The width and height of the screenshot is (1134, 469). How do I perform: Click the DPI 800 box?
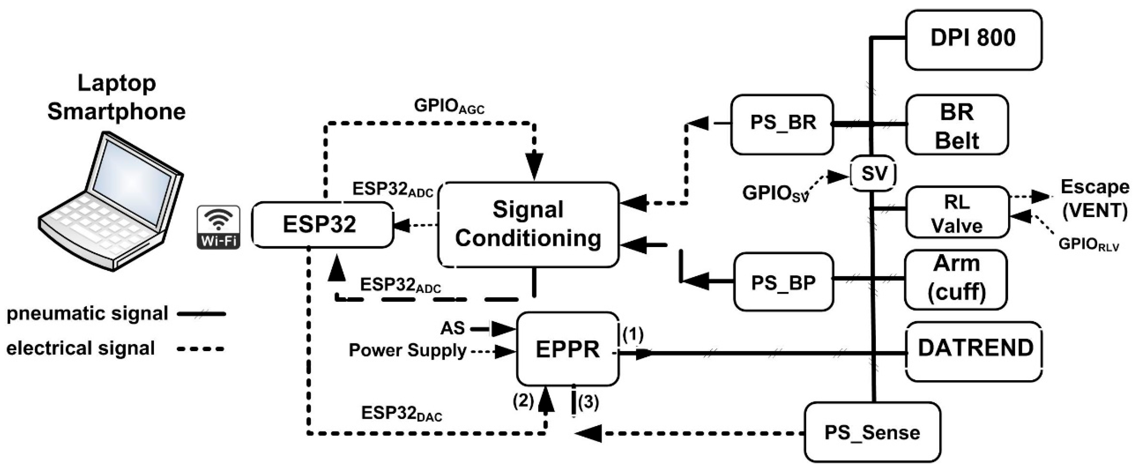(974, 40)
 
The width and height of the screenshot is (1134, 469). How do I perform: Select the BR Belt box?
(957, 124)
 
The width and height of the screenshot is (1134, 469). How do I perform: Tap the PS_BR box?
(782, 124)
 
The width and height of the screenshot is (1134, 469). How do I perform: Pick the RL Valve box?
(957, 213)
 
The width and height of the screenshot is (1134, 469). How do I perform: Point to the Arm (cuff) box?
(956, 280)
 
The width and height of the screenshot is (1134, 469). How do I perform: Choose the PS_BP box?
(783, 282)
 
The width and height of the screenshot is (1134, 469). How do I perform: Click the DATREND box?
(974, 351)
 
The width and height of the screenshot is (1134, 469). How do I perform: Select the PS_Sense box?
(873, 432)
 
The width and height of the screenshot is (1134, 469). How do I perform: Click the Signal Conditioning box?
(528, 224)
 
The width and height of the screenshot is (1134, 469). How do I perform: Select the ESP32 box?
(322, 225)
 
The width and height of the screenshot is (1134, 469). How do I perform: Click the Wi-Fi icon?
(218, 227)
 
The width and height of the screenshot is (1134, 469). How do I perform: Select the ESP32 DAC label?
(402, 413)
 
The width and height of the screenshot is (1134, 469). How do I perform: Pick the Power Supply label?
(407, 350)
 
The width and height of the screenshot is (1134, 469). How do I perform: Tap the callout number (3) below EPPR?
(589, 402)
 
